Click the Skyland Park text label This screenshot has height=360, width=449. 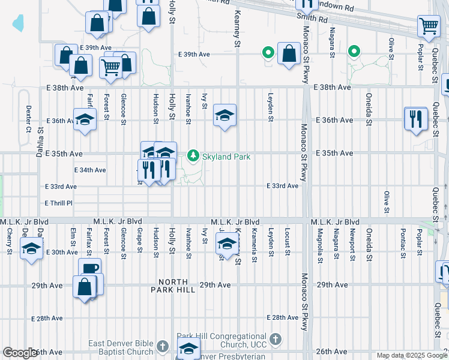click(x=226, y=157)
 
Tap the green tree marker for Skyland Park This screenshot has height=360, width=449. click(x=193, y=156)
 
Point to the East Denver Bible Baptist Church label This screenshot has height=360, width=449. click(x=121, y=347)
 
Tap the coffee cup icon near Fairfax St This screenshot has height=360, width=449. click(x=89, y=268)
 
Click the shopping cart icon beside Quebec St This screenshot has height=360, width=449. click(x=429, y=26)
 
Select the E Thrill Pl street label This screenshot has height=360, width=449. click(x=58, y=203)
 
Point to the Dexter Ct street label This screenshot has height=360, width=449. click(x=28, y=119)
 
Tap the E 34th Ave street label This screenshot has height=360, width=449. click(x=90, y=170)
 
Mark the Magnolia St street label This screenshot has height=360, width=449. click(x=320, y=245)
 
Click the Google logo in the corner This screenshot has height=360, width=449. click(x=20, y=353)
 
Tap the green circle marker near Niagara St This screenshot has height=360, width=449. click(x=354, y=53)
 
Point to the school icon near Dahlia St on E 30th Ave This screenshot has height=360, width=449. click(x=31, y=248)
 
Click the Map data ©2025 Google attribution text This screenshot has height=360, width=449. click(x=412, y=355)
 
